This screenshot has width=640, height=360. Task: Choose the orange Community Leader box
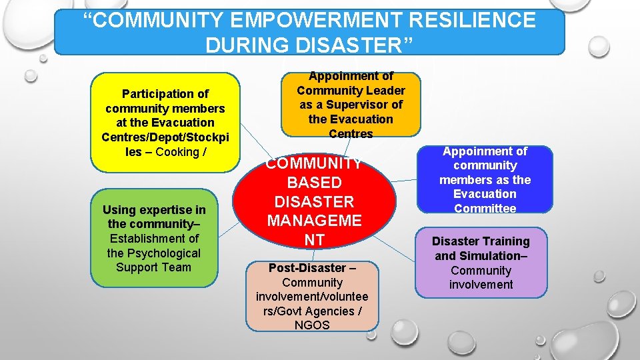[351, 105]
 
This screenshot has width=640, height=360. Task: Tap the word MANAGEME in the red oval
[314, 220]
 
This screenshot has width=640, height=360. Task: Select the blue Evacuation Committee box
[485, 180]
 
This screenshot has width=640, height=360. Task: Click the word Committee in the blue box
[485, 209]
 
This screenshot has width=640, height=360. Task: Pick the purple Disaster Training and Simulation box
[481, 263]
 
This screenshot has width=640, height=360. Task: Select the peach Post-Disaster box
[312, 296]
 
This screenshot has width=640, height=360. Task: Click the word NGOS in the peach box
[312, 325]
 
